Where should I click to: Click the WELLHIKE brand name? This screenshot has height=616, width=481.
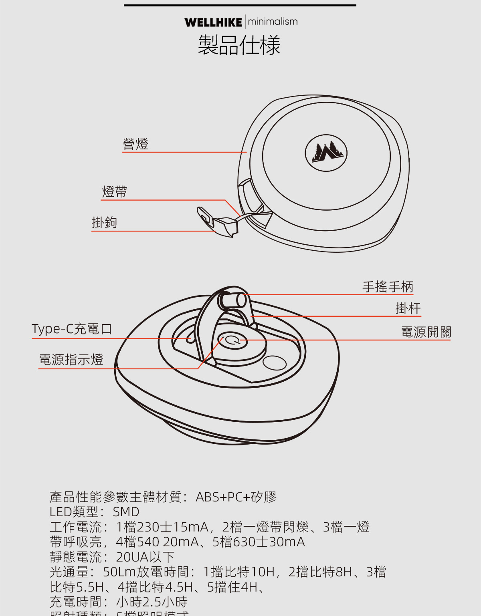click(213, 22)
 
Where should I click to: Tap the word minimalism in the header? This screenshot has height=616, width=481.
click(273, 22)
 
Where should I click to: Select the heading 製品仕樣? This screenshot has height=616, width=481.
click(239, 45)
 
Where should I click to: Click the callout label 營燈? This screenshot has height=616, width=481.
click(135, 144)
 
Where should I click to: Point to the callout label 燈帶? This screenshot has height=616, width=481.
click(115, 192)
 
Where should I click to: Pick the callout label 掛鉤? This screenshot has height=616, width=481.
click(104, 222)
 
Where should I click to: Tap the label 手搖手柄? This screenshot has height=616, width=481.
click(388, 287)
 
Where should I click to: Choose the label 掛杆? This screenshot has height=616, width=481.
click(408, 308)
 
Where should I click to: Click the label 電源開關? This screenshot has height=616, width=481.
click(426, 332)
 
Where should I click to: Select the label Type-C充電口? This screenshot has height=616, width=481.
click(72, 329)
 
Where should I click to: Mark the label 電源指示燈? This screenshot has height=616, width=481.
click(71, 359)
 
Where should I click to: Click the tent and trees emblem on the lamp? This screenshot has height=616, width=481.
click(326, 153)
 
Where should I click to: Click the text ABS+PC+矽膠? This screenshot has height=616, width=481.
click(236, 497)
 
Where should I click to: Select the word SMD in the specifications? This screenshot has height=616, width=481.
click(126, 512)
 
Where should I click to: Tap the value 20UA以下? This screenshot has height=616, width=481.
click(145, 557)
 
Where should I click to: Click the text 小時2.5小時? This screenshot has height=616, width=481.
click(152, 602)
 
